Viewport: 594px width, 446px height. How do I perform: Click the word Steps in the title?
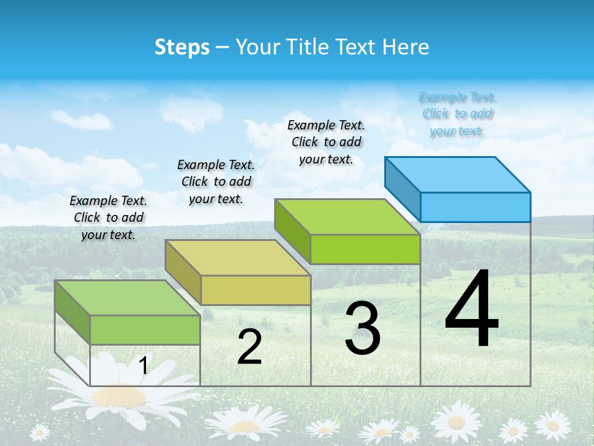pyautogui.click(x=182, y=47)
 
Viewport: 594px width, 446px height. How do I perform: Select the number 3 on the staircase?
pyautogui.click(x=363, y=329)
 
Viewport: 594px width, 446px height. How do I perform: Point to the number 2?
pyautogui.click(x=249, y=347)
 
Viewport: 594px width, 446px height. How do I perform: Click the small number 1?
pyautogui.click(x=143, y=365)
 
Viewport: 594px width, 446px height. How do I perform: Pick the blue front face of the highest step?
pyautogui.click(x=475, y=207)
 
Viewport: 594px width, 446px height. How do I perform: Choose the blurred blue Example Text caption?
pyautogui.click(x=457, y=114)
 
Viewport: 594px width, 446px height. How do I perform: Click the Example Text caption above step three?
pyautogui.click(x=326, y=142)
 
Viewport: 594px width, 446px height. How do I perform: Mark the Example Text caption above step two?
pyautogui.click(x=216, y=181)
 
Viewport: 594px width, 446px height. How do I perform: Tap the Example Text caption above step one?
pyautogui.click(x=108, y=217)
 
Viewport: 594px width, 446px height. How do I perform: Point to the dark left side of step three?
pyautogui.click(x=292, y=230)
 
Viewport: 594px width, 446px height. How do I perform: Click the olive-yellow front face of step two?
pyautogui.click(x=256, y=290)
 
